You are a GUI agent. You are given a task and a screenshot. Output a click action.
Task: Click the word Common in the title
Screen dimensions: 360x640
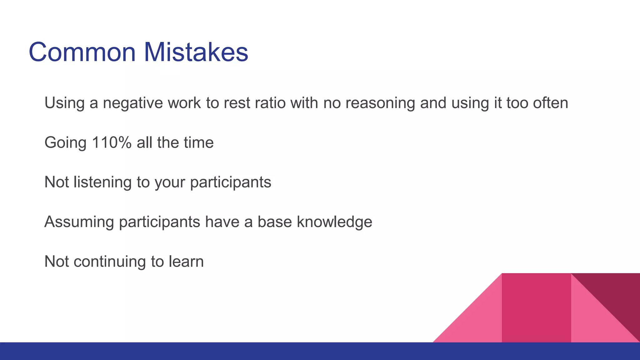[82, 52]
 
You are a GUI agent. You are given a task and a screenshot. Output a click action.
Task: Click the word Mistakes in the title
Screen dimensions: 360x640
[196, 52]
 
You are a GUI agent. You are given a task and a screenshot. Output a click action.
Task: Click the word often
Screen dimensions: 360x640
[550, 103]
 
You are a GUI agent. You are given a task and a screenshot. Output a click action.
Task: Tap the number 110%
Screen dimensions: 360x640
[112, 142]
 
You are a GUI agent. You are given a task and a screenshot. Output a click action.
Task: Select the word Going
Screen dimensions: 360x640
[65, 143]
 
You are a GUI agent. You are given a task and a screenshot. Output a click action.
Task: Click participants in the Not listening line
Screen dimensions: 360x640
[230, 182]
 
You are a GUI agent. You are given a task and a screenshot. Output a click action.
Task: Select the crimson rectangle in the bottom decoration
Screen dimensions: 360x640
[536, 308]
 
